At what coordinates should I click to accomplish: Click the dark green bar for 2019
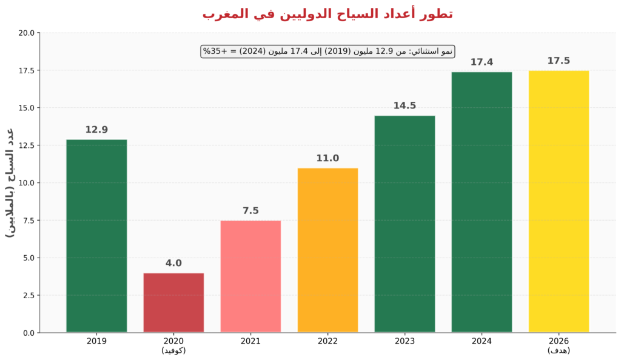click(x=96, y=236)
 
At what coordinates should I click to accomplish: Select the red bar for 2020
click(x=173, y=302)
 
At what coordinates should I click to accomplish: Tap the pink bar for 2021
click(x=250, y=276)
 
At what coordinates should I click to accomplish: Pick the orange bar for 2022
click(x=327, y=250)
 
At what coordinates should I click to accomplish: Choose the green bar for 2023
click(x=404, y=224)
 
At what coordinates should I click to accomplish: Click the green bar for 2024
click(x=482, y=202)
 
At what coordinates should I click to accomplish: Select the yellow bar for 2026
click(x=559, y=201)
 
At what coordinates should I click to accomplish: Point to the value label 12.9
click(x=96, y=130)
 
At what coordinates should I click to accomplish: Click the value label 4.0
click(x=173, y=263)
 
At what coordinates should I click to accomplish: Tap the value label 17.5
click(x=559, y=61)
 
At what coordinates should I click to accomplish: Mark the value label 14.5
click(x=404, y=105)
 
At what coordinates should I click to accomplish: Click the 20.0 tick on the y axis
click(x=26, y=33)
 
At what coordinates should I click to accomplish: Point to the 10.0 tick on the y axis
click(x=26, y=183)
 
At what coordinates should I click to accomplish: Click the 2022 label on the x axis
click(x=327, y=341)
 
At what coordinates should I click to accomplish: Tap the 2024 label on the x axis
click(x=482, y=341)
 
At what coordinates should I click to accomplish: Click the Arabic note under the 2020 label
click(x=173, y=350)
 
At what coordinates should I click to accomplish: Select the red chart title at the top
click(x=327, y=13)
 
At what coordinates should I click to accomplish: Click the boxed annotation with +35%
click(x=327, y=52)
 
